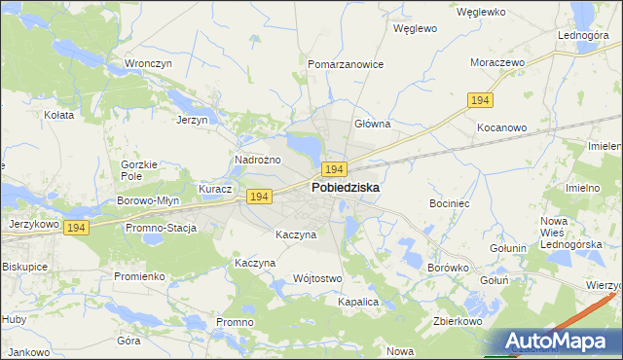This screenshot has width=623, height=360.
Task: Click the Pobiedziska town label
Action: tap(346, 187)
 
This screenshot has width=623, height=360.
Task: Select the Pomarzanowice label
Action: tap(346, 64)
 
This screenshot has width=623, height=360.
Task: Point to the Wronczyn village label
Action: tap(148, 64)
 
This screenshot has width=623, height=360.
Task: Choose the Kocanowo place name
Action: tap(501, 127)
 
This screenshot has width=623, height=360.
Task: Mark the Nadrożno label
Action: tap(258, 160)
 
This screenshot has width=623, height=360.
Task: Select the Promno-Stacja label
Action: tap(161, 228)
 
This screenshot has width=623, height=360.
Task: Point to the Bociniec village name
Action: tap(450, 203)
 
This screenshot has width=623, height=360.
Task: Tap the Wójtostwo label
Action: tap(317, 278)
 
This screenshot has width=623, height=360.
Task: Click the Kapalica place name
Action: tap(357, 303)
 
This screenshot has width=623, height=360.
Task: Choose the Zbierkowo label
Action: tap(458, 321)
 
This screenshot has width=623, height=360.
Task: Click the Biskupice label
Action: tap(26, 266)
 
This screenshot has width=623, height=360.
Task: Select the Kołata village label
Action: tap(59, 115)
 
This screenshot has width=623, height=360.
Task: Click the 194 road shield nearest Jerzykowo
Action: tap(79, 227)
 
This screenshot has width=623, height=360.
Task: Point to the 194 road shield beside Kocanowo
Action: tap(480, 101)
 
